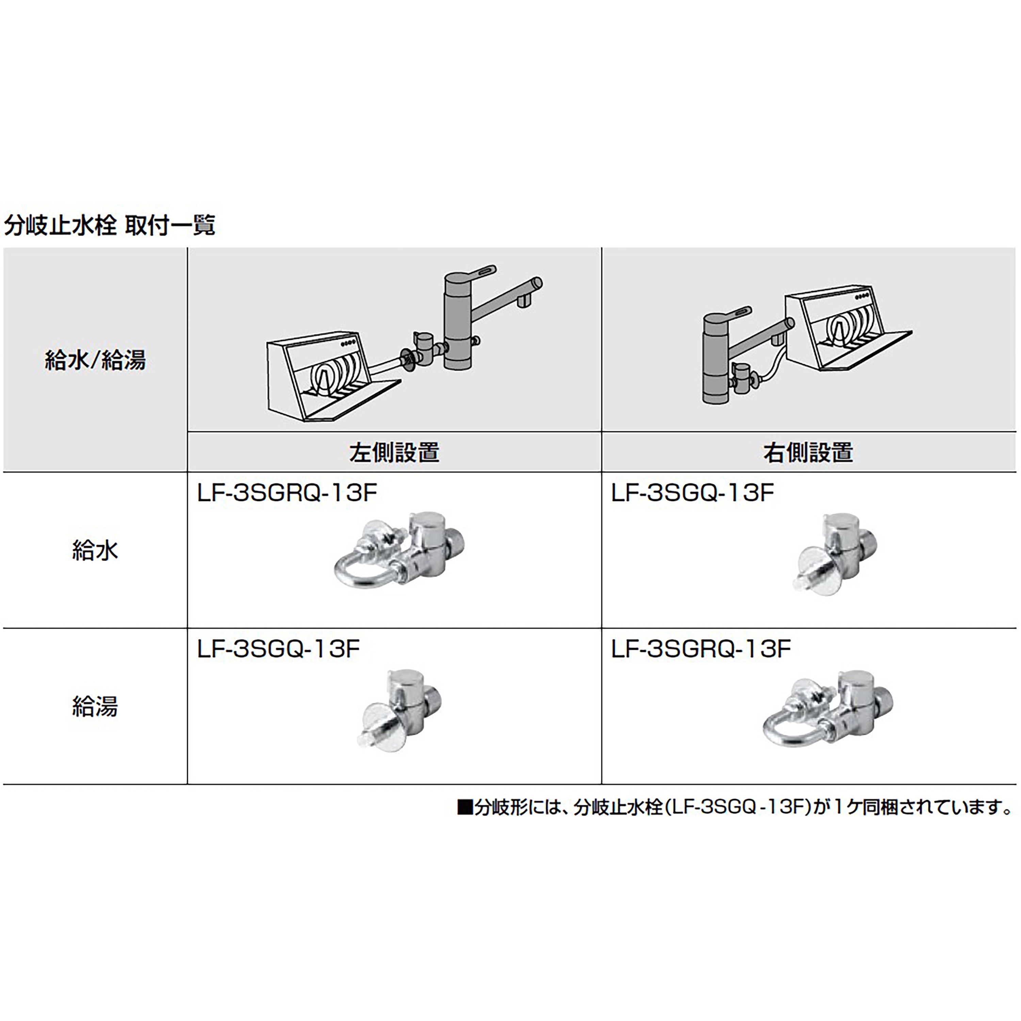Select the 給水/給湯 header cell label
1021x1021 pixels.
tap(95, 360)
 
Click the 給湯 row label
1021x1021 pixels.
tap(95, 706)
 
